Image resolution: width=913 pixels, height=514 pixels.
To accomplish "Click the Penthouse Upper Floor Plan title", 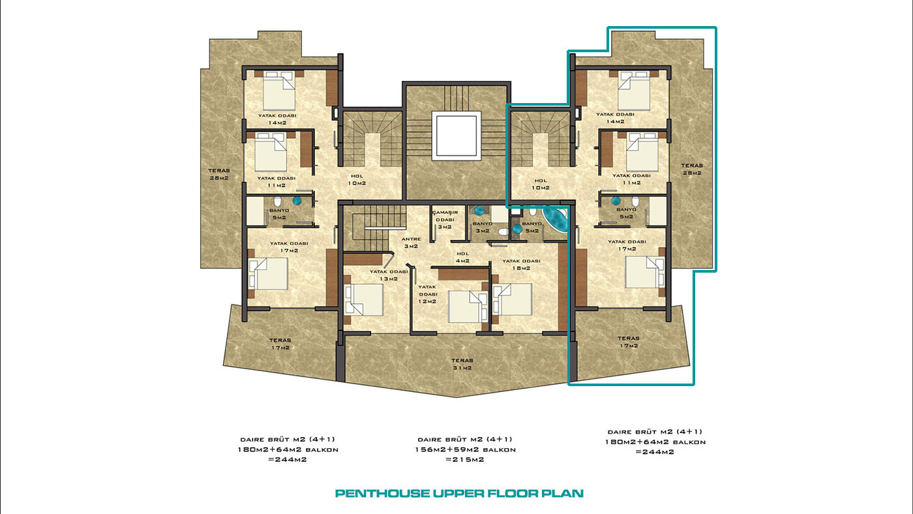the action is pyautogui.click(x=459, y=493).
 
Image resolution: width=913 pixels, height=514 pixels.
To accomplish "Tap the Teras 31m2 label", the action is pyautogui.click(x=462, y=364).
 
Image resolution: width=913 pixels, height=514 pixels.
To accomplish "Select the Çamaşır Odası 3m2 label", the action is pyautogui.click(x=445, y=220).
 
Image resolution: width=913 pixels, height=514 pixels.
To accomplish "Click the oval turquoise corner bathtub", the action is pyautogui.click(x=556, y=220).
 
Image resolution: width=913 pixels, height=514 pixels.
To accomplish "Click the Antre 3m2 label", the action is pyautogui.click(x=411, y=243).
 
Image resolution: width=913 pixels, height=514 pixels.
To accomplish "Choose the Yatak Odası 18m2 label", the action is pyautogui.click(x=521, y=264).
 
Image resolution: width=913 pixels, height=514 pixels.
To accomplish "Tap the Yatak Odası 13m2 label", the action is pyautogui.click(x=389, y=275).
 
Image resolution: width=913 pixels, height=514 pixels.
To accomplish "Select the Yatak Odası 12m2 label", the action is pyautogui.click(x=427, y=294).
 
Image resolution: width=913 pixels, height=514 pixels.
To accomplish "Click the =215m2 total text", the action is pyautogui.click(x=465, y=459).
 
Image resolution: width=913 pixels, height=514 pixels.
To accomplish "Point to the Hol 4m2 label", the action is pyautogui.click(x=462, y=257).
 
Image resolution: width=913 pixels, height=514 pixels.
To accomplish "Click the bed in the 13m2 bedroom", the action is pyautogui.click(x=364, y=299).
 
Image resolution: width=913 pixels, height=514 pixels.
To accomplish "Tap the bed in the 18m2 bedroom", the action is pyautogui.click(x=512, y=299).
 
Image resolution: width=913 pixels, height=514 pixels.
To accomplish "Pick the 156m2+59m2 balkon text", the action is pyautogui.click(x=466, y=449).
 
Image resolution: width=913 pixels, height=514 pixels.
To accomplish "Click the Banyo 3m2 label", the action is pyautogui.click(x=483, y=227).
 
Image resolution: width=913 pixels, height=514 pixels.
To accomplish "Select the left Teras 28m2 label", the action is pyautogui.click(x=219, y=174).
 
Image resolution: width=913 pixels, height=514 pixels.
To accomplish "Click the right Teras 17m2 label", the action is pyautogui.click(x=628, y=342).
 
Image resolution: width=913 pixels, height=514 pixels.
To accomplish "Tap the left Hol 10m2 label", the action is pyautogui.click(x=357, y=180).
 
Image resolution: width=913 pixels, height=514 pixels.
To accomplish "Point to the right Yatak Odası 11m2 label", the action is pyautogui.click(x=631, y=179).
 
